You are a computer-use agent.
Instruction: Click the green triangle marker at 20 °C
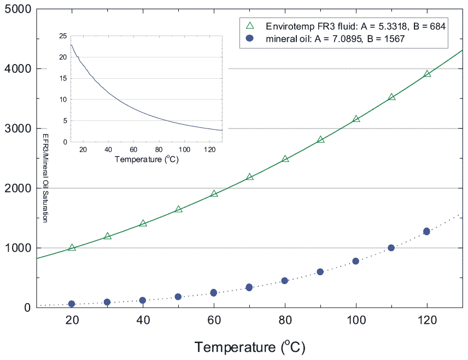pyautogui.click(x=72, y=248)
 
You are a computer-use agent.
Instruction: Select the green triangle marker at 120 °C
pyautogui.click(x=427, y=74)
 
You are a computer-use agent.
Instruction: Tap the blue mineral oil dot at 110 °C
pyautogui.click(x=391, y=248)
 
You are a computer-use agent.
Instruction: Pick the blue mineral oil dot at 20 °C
pyautogui.click(x=72, y=304)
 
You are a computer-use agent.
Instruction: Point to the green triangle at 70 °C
pyautogui.click(x=249, y=177)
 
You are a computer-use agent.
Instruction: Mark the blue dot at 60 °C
pyautogui.click(x=214, y=293)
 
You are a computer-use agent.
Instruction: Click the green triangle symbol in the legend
pyautogui.click(x=250, y=26)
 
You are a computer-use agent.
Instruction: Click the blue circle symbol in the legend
pyautogui.click(x=250, y=38)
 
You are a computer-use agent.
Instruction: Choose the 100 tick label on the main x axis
pyautogui.click(x=356, y=322)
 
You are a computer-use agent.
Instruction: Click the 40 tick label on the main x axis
pyautogui.click(x=143, y=322)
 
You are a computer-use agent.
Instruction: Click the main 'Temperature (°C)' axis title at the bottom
pyautogui.click(x=249, y=346)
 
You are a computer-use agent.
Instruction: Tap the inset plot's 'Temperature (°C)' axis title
pyautogui.click(x=147, y=160)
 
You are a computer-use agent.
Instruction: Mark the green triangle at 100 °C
pyautogui.click(x=356, y=119)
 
